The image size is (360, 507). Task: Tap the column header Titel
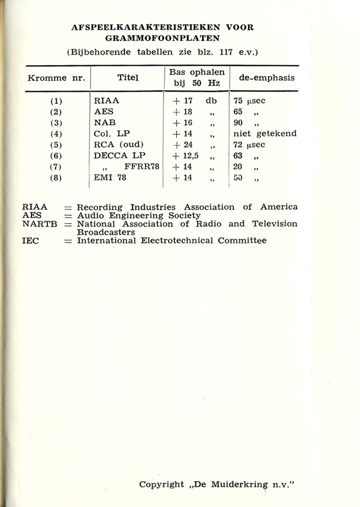coord(128,78)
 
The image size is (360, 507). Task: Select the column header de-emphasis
coord(267,78)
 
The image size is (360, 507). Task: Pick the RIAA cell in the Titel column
coord(107,101)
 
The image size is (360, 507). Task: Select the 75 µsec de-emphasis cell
coord(249,101)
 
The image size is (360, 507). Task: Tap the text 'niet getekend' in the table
coord(264,134)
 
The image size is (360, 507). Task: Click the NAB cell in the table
coord(105,123)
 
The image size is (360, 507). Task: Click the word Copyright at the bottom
coord(161,484)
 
